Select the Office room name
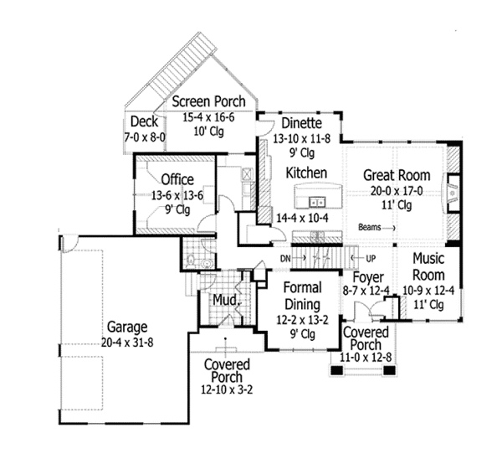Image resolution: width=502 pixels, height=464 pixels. [177, 179]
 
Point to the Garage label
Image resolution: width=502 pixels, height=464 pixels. [127, 327]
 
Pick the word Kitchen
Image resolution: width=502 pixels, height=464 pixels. [306, 173]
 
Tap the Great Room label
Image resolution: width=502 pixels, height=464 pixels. [397, 176]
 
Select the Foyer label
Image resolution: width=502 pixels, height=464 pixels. [367, 277]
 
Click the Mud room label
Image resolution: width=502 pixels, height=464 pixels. [222, 299]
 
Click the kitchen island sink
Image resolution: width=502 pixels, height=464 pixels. [317, 202]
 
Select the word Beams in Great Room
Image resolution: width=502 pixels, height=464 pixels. [370, 227]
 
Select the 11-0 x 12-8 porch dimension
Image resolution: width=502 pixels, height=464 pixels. [365, 357]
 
